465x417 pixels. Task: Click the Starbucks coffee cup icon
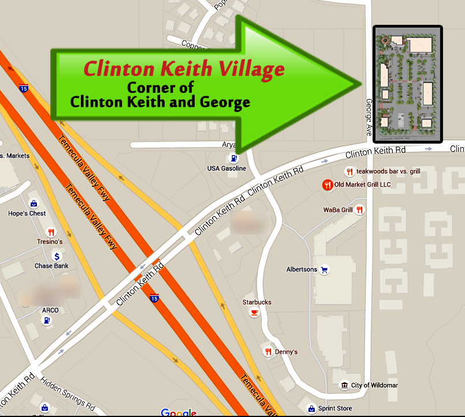[254, 312]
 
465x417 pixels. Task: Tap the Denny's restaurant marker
[268, 352]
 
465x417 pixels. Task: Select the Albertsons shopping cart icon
[325, 269]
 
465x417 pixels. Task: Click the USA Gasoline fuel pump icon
[232, 159]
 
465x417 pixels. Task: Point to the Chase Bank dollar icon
[57, 256]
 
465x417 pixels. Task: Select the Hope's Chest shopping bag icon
[34, 204]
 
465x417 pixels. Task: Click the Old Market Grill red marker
[327, 185]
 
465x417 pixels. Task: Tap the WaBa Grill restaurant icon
[360, 210]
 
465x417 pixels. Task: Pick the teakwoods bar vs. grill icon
[349, 171]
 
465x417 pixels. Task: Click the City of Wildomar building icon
[344, 385]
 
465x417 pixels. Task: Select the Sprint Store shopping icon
[311, 408]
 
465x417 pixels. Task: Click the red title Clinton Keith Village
[184, 69]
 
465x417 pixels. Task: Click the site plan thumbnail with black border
[408, 84]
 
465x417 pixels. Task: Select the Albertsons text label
[302, 269]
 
